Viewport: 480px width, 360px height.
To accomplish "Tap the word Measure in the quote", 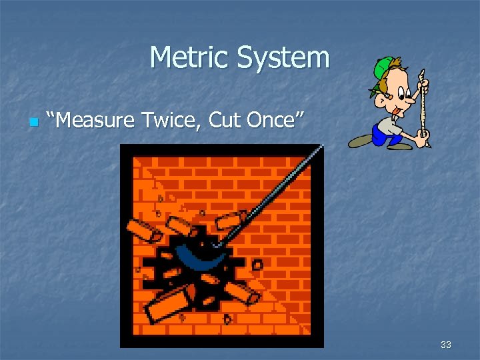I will [97, 121].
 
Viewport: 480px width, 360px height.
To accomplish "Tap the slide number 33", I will [446, 345].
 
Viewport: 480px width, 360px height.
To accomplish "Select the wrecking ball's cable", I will [273, 190].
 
